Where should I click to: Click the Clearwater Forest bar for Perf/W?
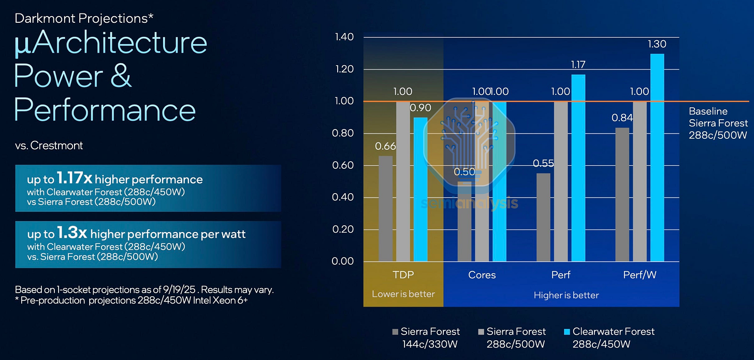657,157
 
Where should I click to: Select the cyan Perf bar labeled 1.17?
578,168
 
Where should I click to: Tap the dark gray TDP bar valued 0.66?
385,208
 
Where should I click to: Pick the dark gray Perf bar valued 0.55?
543,217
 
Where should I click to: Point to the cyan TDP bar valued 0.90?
421,189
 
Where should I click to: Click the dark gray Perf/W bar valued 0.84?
622,194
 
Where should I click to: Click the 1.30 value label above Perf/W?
657,44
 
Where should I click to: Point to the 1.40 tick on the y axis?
344,37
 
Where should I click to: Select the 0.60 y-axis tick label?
343,165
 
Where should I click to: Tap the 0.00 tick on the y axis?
343,261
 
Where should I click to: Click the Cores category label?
482,275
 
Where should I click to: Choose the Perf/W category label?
640,275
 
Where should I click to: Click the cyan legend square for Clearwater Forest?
567,332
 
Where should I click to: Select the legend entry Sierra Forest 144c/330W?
426,338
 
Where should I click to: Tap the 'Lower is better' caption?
403,294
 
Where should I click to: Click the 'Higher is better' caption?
566,295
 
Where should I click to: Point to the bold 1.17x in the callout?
74,178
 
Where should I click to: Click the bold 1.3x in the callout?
71,233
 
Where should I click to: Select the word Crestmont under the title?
56,146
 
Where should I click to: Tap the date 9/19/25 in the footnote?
179,290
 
